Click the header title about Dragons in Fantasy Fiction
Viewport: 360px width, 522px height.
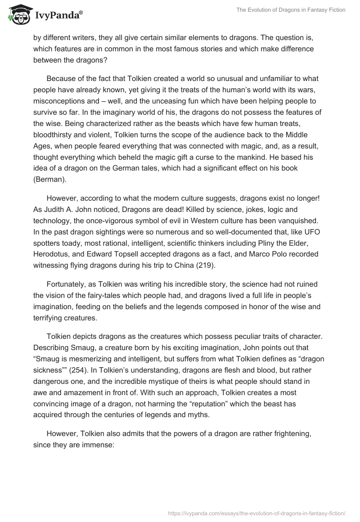pyautogui.click(x=291, y=10)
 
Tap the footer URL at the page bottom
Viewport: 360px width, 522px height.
pyautogui.click(x=256, y=513)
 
